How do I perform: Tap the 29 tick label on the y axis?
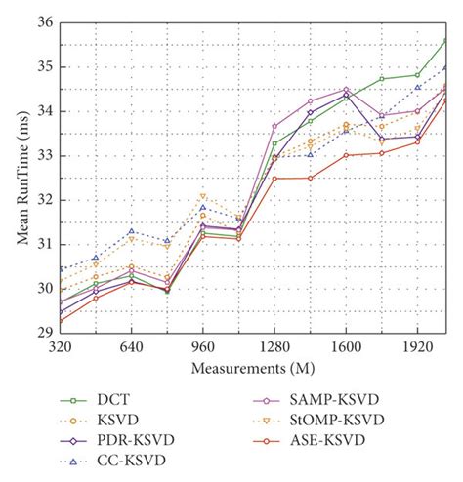point(44,333)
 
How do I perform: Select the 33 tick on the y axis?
point(44,156)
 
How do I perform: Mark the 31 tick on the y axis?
point(44,244)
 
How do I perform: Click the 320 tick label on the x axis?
point(61,347)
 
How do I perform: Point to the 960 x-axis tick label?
point(203,347)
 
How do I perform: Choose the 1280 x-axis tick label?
point(274,347)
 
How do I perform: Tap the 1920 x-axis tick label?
point(417,347)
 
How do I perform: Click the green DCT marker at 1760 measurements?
point(382,79)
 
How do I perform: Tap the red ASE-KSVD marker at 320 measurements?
point(61,321)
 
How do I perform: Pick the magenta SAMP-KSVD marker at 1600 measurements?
point(346,90)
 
